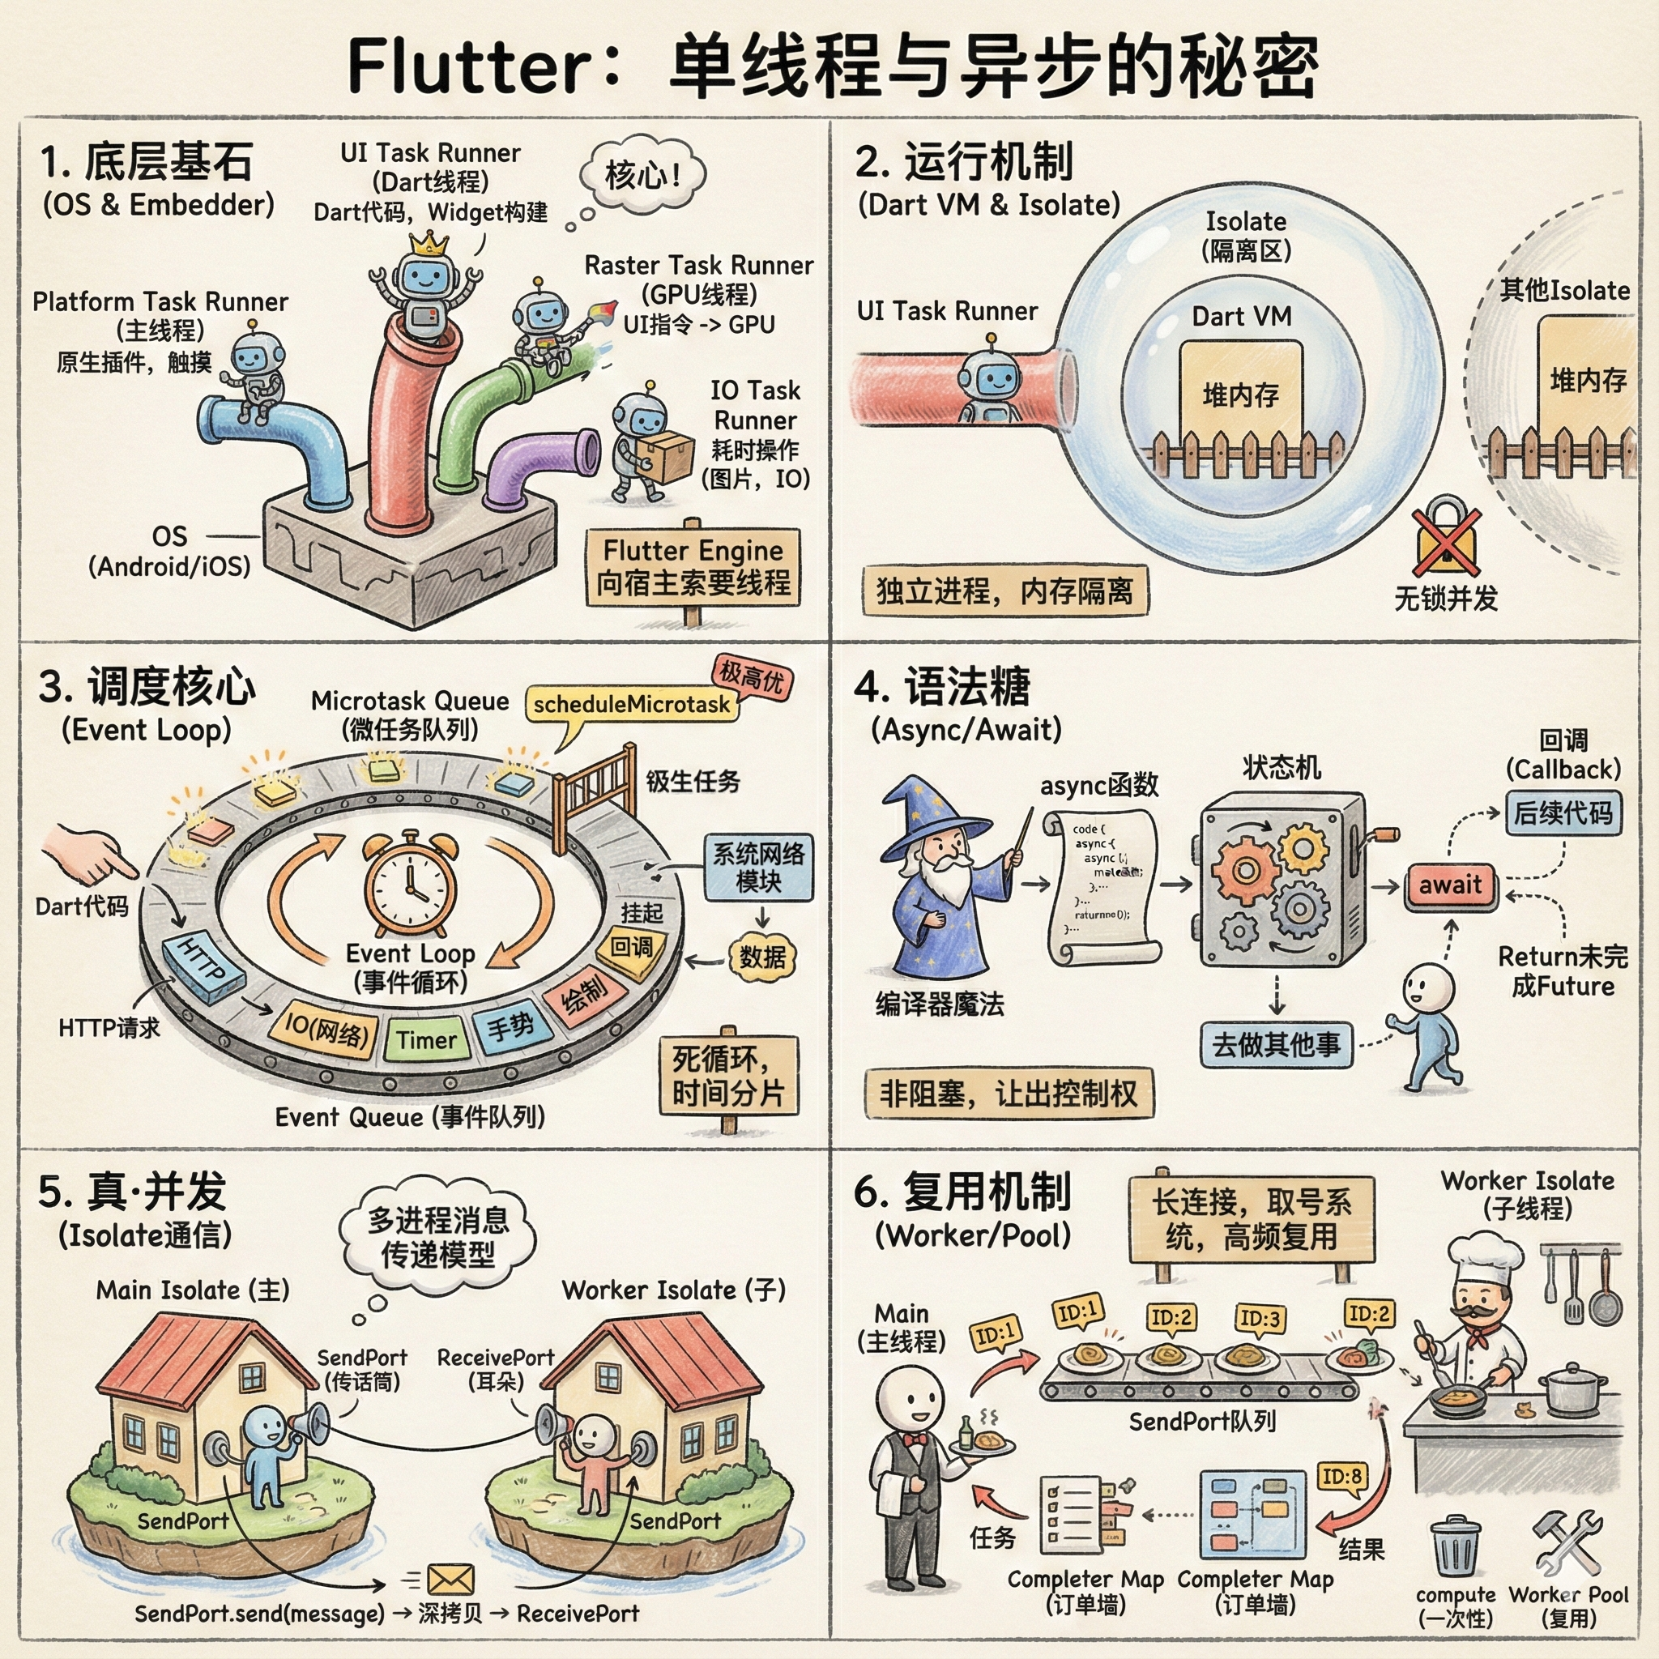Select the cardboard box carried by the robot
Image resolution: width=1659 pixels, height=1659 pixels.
pos(667,455)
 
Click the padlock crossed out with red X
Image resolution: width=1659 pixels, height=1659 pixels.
pos(1447,539)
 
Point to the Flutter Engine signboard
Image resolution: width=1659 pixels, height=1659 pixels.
pos(693,567)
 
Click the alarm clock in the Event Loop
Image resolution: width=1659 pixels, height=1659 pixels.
pos(410,885)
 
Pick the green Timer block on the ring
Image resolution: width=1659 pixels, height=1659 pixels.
pos(427,1040)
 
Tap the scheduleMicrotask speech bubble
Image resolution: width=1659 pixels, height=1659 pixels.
pos(631,704)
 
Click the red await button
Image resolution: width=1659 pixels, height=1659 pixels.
pos(1450,885)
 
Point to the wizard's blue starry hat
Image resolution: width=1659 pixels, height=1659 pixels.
pos(932,816)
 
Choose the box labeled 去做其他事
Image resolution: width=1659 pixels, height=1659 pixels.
pos(1276,1044)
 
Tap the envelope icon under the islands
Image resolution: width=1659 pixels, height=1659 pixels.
pos(450,1579)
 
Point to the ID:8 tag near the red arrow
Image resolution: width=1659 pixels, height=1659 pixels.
pos(1341,1476)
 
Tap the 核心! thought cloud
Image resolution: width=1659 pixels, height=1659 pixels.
pos(642,175)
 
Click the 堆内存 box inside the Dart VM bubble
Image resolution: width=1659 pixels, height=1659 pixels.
pos(1241,393)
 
